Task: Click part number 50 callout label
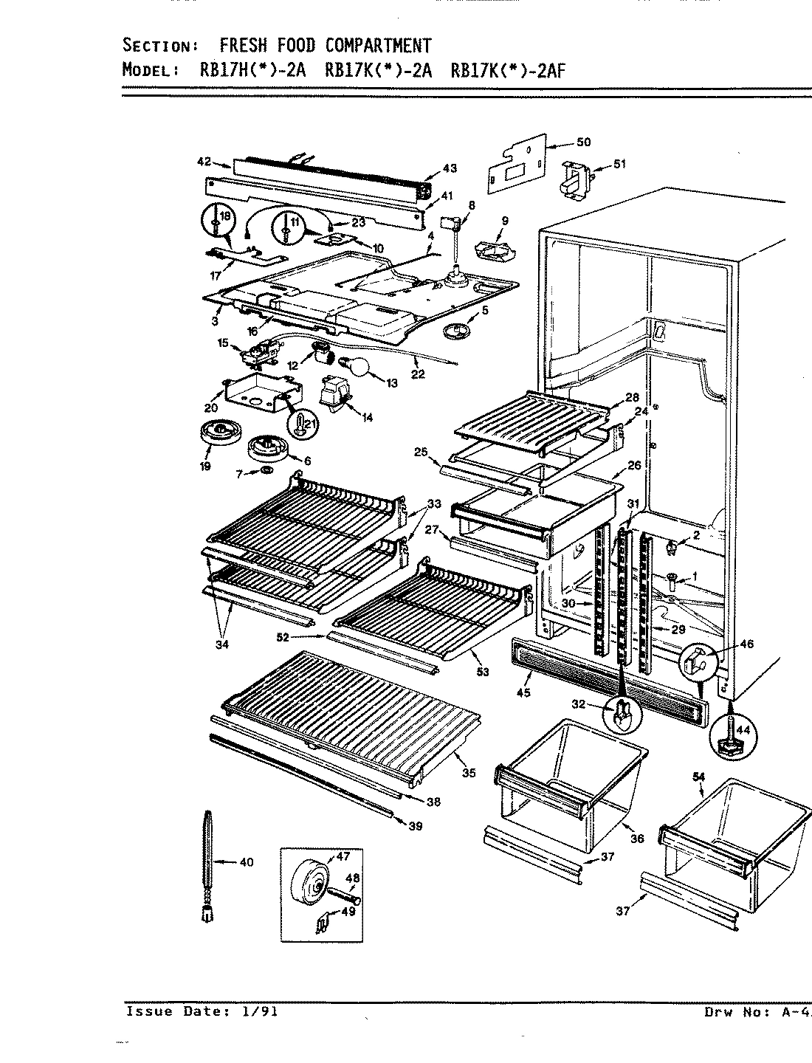[583, 142]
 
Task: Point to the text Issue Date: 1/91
[202, 1011]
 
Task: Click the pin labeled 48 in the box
[343, 901]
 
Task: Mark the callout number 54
[698, 777]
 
